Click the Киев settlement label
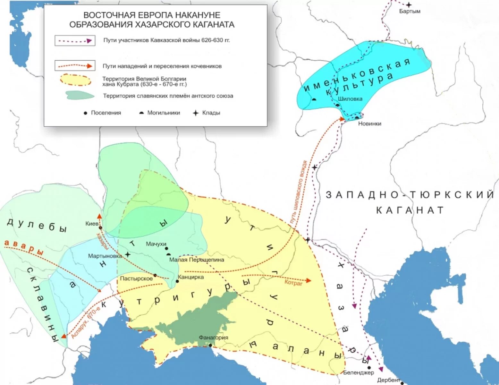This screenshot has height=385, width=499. click(92, 223)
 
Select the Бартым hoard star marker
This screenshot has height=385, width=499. click(409, 5)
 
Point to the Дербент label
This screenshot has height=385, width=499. click(388, 380)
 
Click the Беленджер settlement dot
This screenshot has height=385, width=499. click(369, 368)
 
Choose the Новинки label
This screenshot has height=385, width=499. click(370, 124)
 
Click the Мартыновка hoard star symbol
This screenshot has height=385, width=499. click(128, 255)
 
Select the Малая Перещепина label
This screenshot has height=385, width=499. click(197, 260)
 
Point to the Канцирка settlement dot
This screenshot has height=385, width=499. click(177, 281)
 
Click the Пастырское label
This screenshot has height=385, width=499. click(136, 278)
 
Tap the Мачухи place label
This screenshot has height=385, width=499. click(156, 244)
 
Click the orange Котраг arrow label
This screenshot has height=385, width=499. click(293, 283)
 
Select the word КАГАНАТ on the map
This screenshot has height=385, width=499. click(410, 210)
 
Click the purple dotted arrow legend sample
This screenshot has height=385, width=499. click(75, 41)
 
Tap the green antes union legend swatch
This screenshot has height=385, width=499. click(80, 95)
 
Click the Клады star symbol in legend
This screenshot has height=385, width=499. click(196, 113)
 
